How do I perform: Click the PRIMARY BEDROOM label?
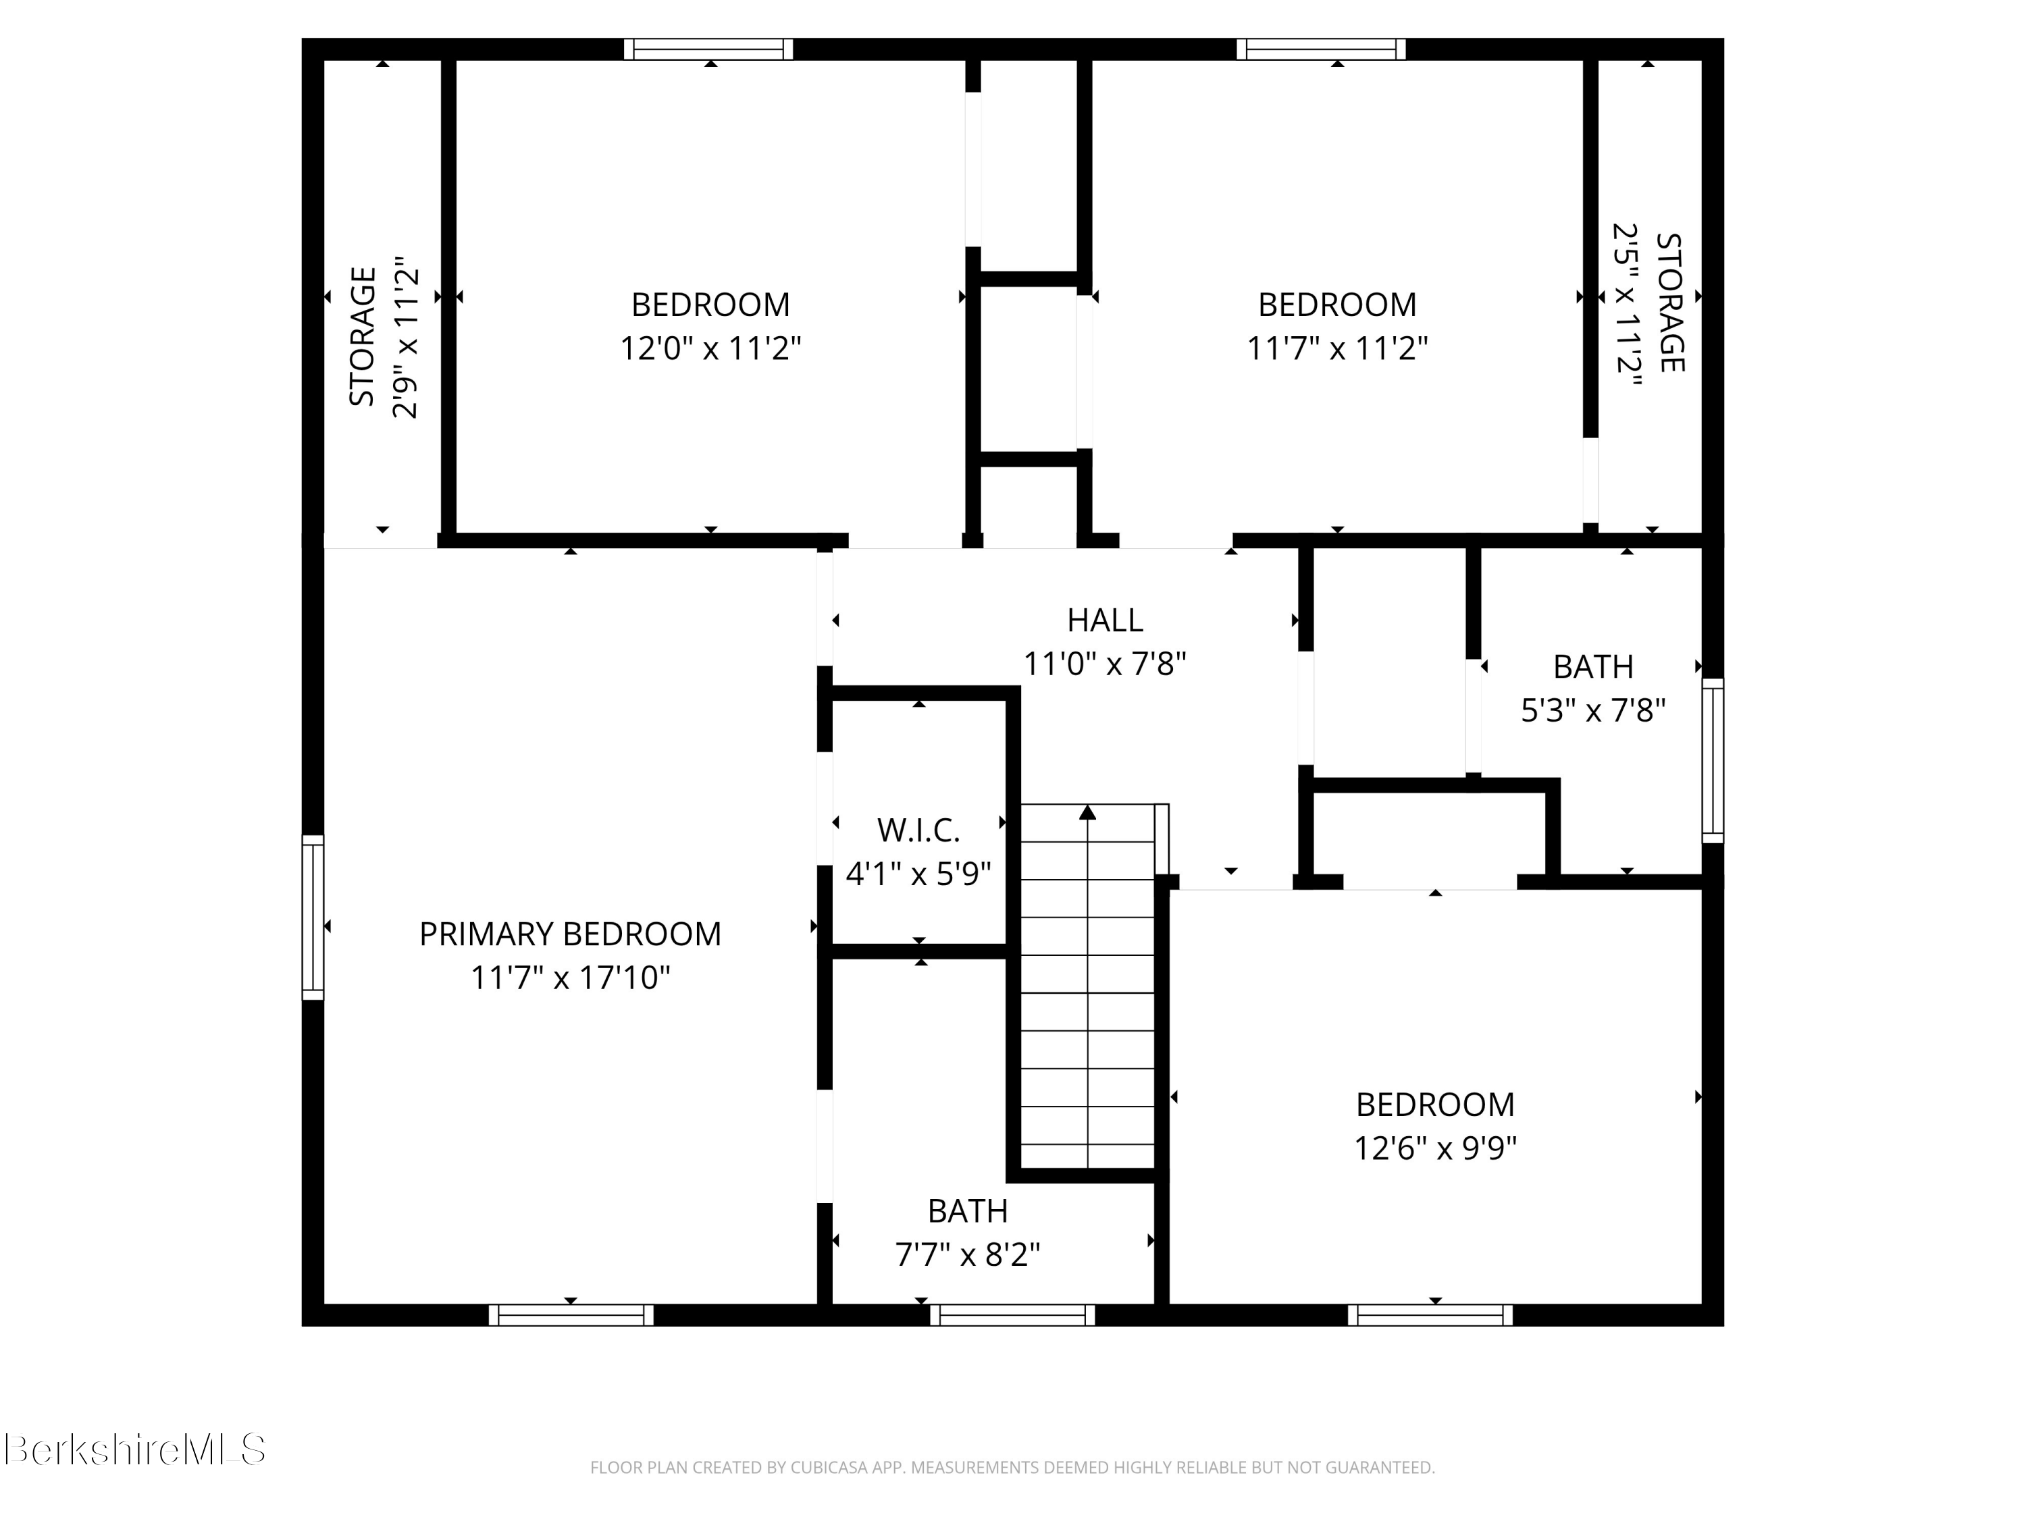pos(570,934)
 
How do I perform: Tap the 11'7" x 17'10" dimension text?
pos(570,978)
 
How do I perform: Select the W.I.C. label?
pos(918,830)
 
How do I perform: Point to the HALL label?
pos(1105,621)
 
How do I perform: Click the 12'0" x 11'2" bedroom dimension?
pos(710,349)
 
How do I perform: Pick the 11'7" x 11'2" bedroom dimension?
pos(1336,349)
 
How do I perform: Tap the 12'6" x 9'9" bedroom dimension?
pos(1434,1148)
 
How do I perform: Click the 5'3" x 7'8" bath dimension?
pos(1592,710)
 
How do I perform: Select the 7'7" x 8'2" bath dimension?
pos(967,1254)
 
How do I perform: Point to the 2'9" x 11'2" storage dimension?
pos(405,337)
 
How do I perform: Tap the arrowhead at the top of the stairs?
pos(1087,812)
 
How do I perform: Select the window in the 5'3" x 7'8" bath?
pos(1712,760)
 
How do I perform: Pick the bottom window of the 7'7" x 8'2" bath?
pos(1012,1316)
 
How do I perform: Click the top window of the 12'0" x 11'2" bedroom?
pos(708,49)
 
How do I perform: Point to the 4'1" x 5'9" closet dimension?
pos(918,874)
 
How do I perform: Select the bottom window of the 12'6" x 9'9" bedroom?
pos(1430,1316)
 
